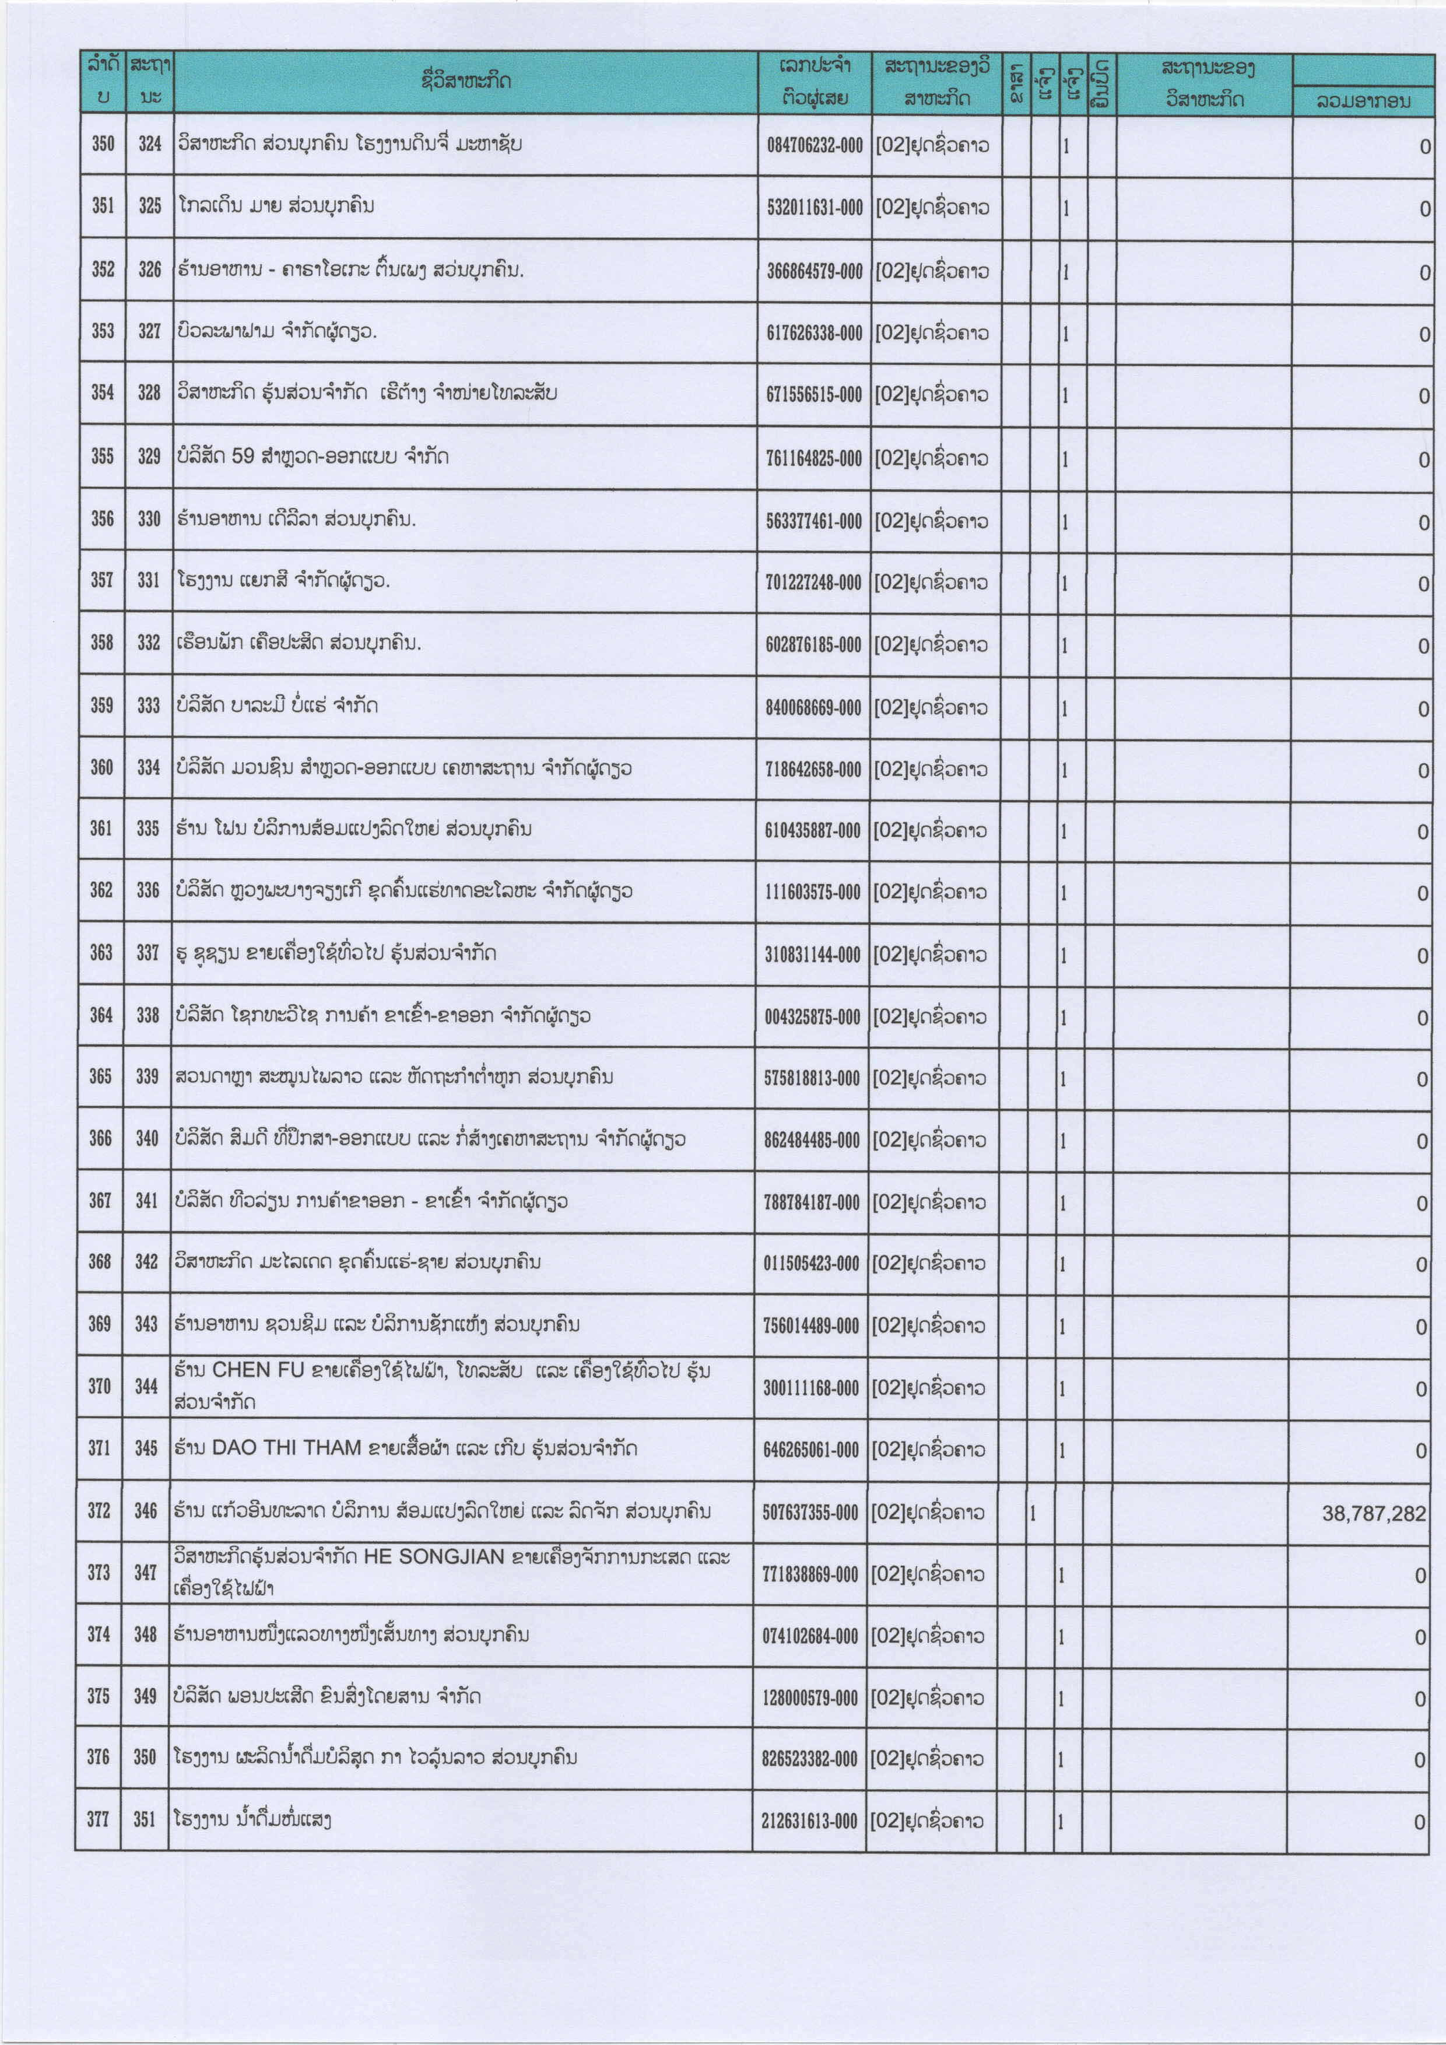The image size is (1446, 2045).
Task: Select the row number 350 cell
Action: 103,143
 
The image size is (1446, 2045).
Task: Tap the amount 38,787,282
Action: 1373,1513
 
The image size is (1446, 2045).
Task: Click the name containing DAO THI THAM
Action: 405,1448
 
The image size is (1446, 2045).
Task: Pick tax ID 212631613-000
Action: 809,1822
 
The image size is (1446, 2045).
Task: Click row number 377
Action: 98,1820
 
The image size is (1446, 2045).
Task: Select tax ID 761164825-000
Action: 813,459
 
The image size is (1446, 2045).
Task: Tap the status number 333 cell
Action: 149,706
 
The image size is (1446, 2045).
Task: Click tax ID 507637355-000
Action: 809,1513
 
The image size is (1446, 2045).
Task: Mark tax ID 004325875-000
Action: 811,1016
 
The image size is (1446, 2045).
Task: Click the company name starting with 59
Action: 311,457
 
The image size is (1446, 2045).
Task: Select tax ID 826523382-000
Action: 809,1759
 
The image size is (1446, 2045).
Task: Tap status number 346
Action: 145,1511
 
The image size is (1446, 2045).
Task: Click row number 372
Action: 99,1511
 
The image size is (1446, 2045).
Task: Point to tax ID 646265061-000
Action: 810,1450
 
